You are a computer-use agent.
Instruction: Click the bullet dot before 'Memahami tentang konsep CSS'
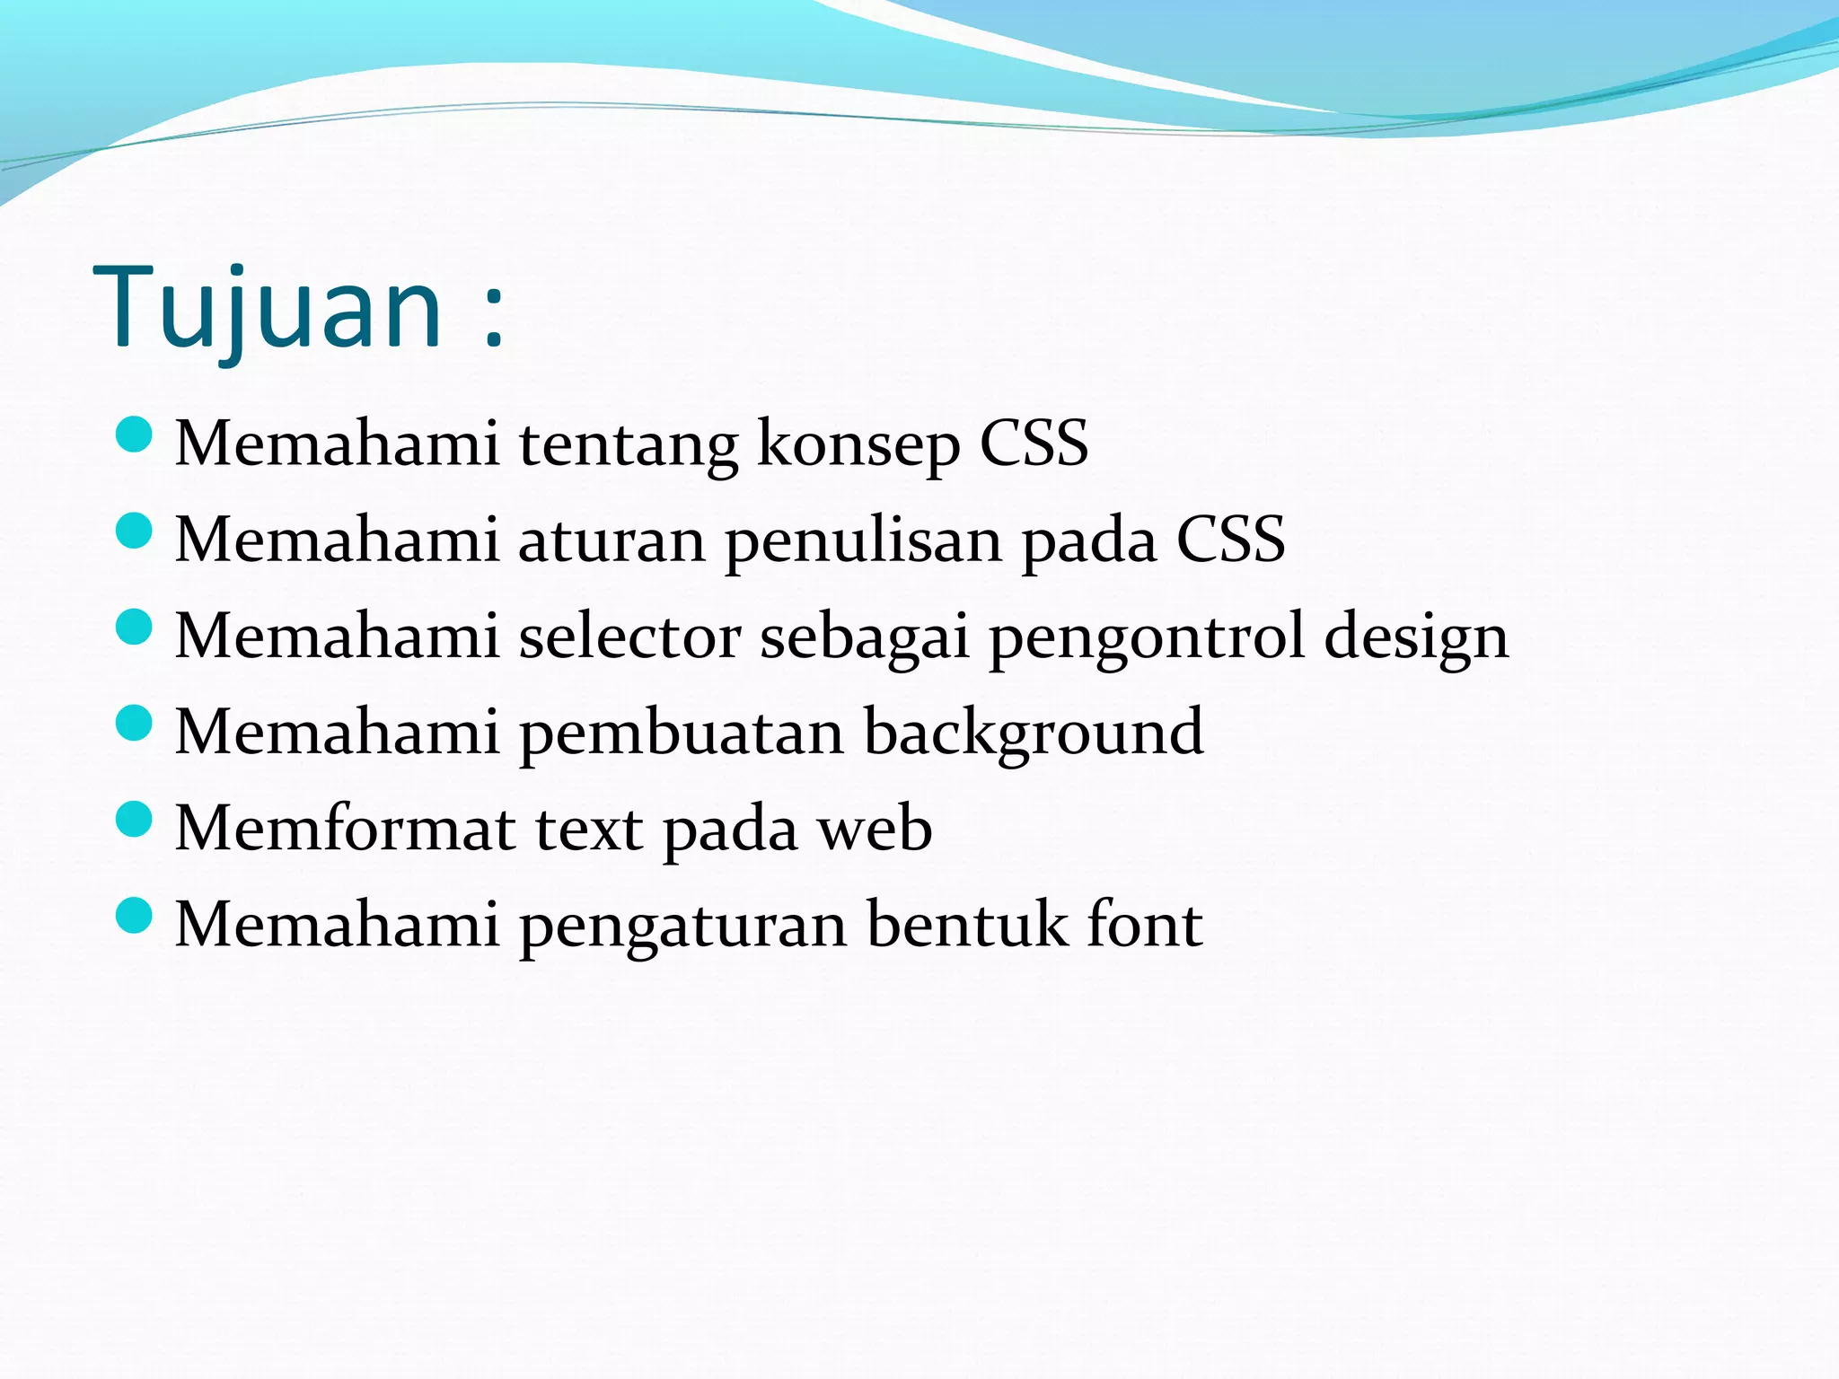(135, 435)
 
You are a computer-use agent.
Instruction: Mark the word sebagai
(865, 637)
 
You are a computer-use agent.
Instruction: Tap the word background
(1034, 733)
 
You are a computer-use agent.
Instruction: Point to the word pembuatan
(682, 733)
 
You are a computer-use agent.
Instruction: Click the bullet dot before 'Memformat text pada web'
(135, 820)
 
